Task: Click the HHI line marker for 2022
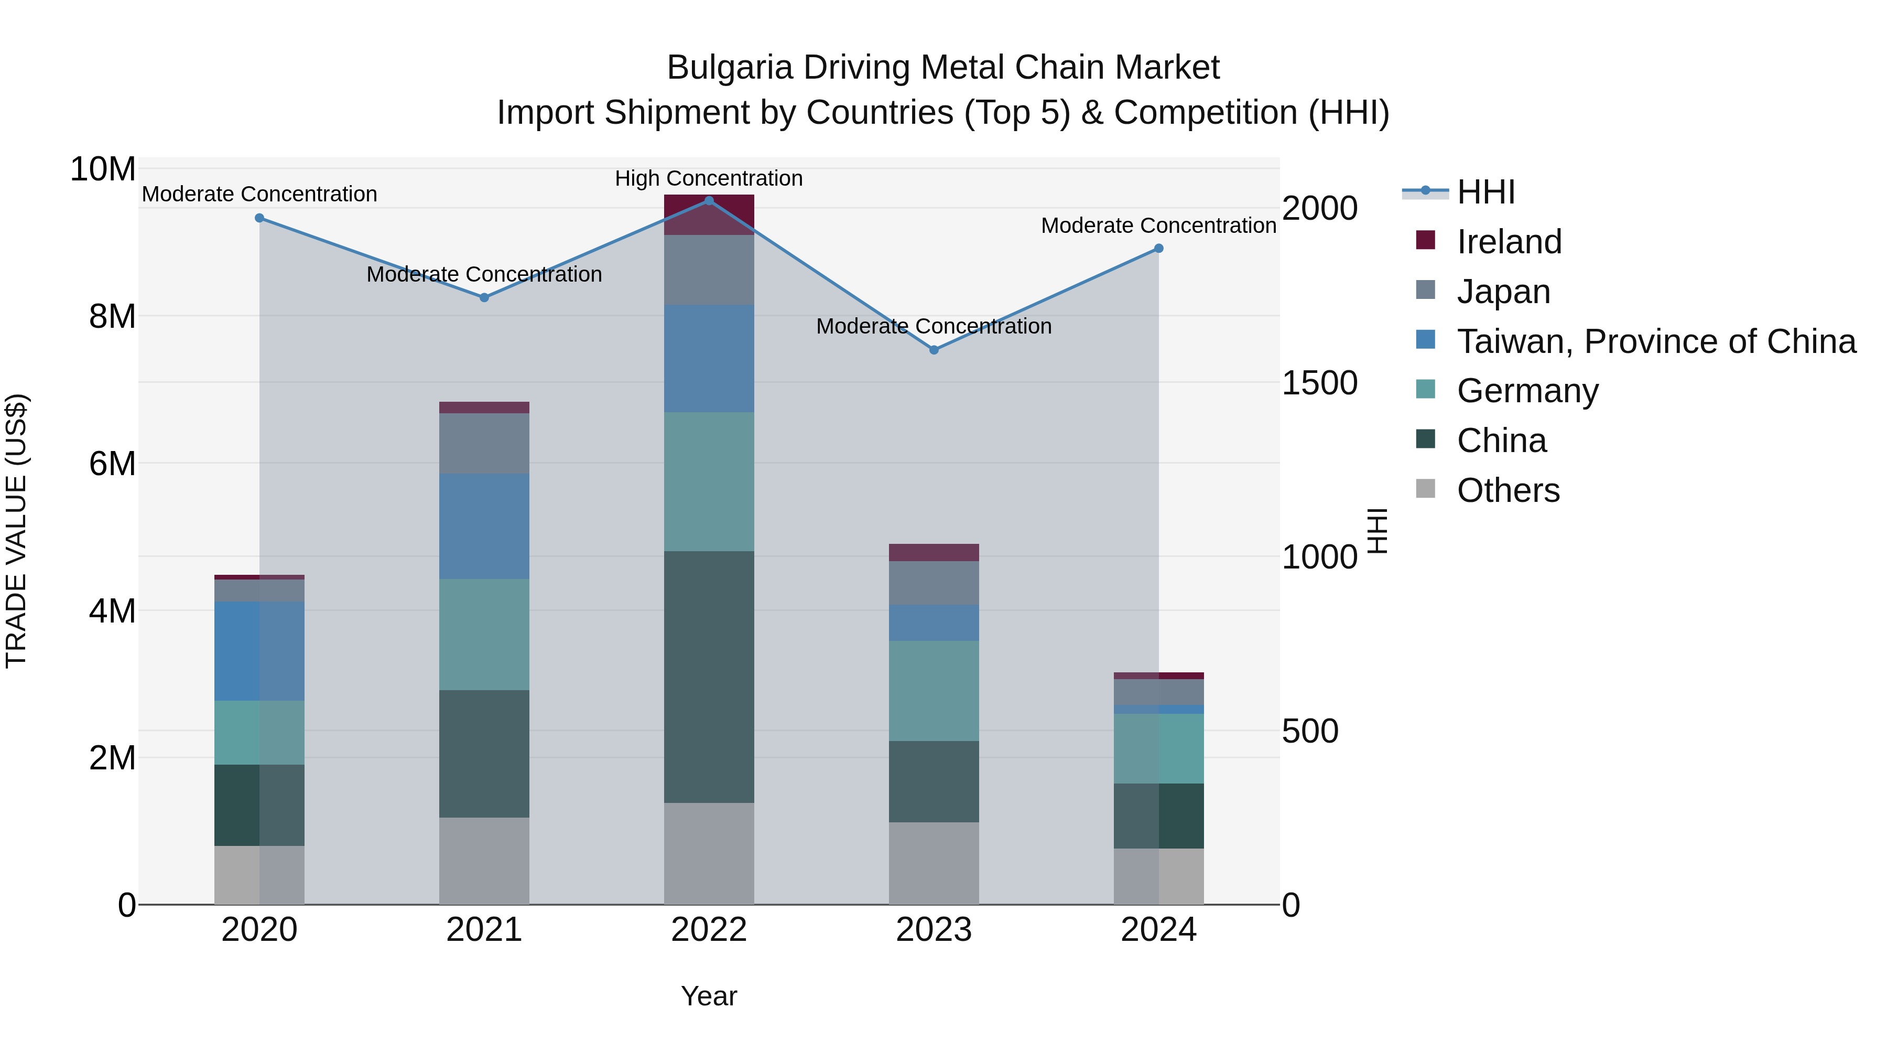pyautogui.click(x=708, y=200)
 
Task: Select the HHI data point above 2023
pyautogui.click(x=933, y=350)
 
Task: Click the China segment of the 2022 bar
pyautogui.click(x=708, y=676)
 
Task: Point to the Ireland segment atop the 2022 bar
pyautogui.click(x=708, y=214)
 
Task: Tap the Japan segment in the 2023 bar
pyautogui.click(x=933, y=583)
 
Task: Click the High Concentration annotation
pyautogui.click(x=708, y=178)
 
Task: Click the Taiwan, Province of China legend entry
pyautogui.click(x=1655, y=341)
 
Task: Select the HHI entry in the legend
pyautogui.click(x=1485, y=192)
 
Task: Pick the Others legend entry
pyautogui.click(x=1508, y=490)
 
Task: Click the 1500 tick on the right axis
pyautogui.click(x=1319, y=383)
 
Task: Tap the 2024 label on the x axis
pyautogui.click(x=1158, y=930)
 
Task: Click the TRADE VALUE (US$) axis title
pyautogui.click(x=16, y=530)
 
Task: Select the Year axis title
pyautogui.click(x=708, y=996)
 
